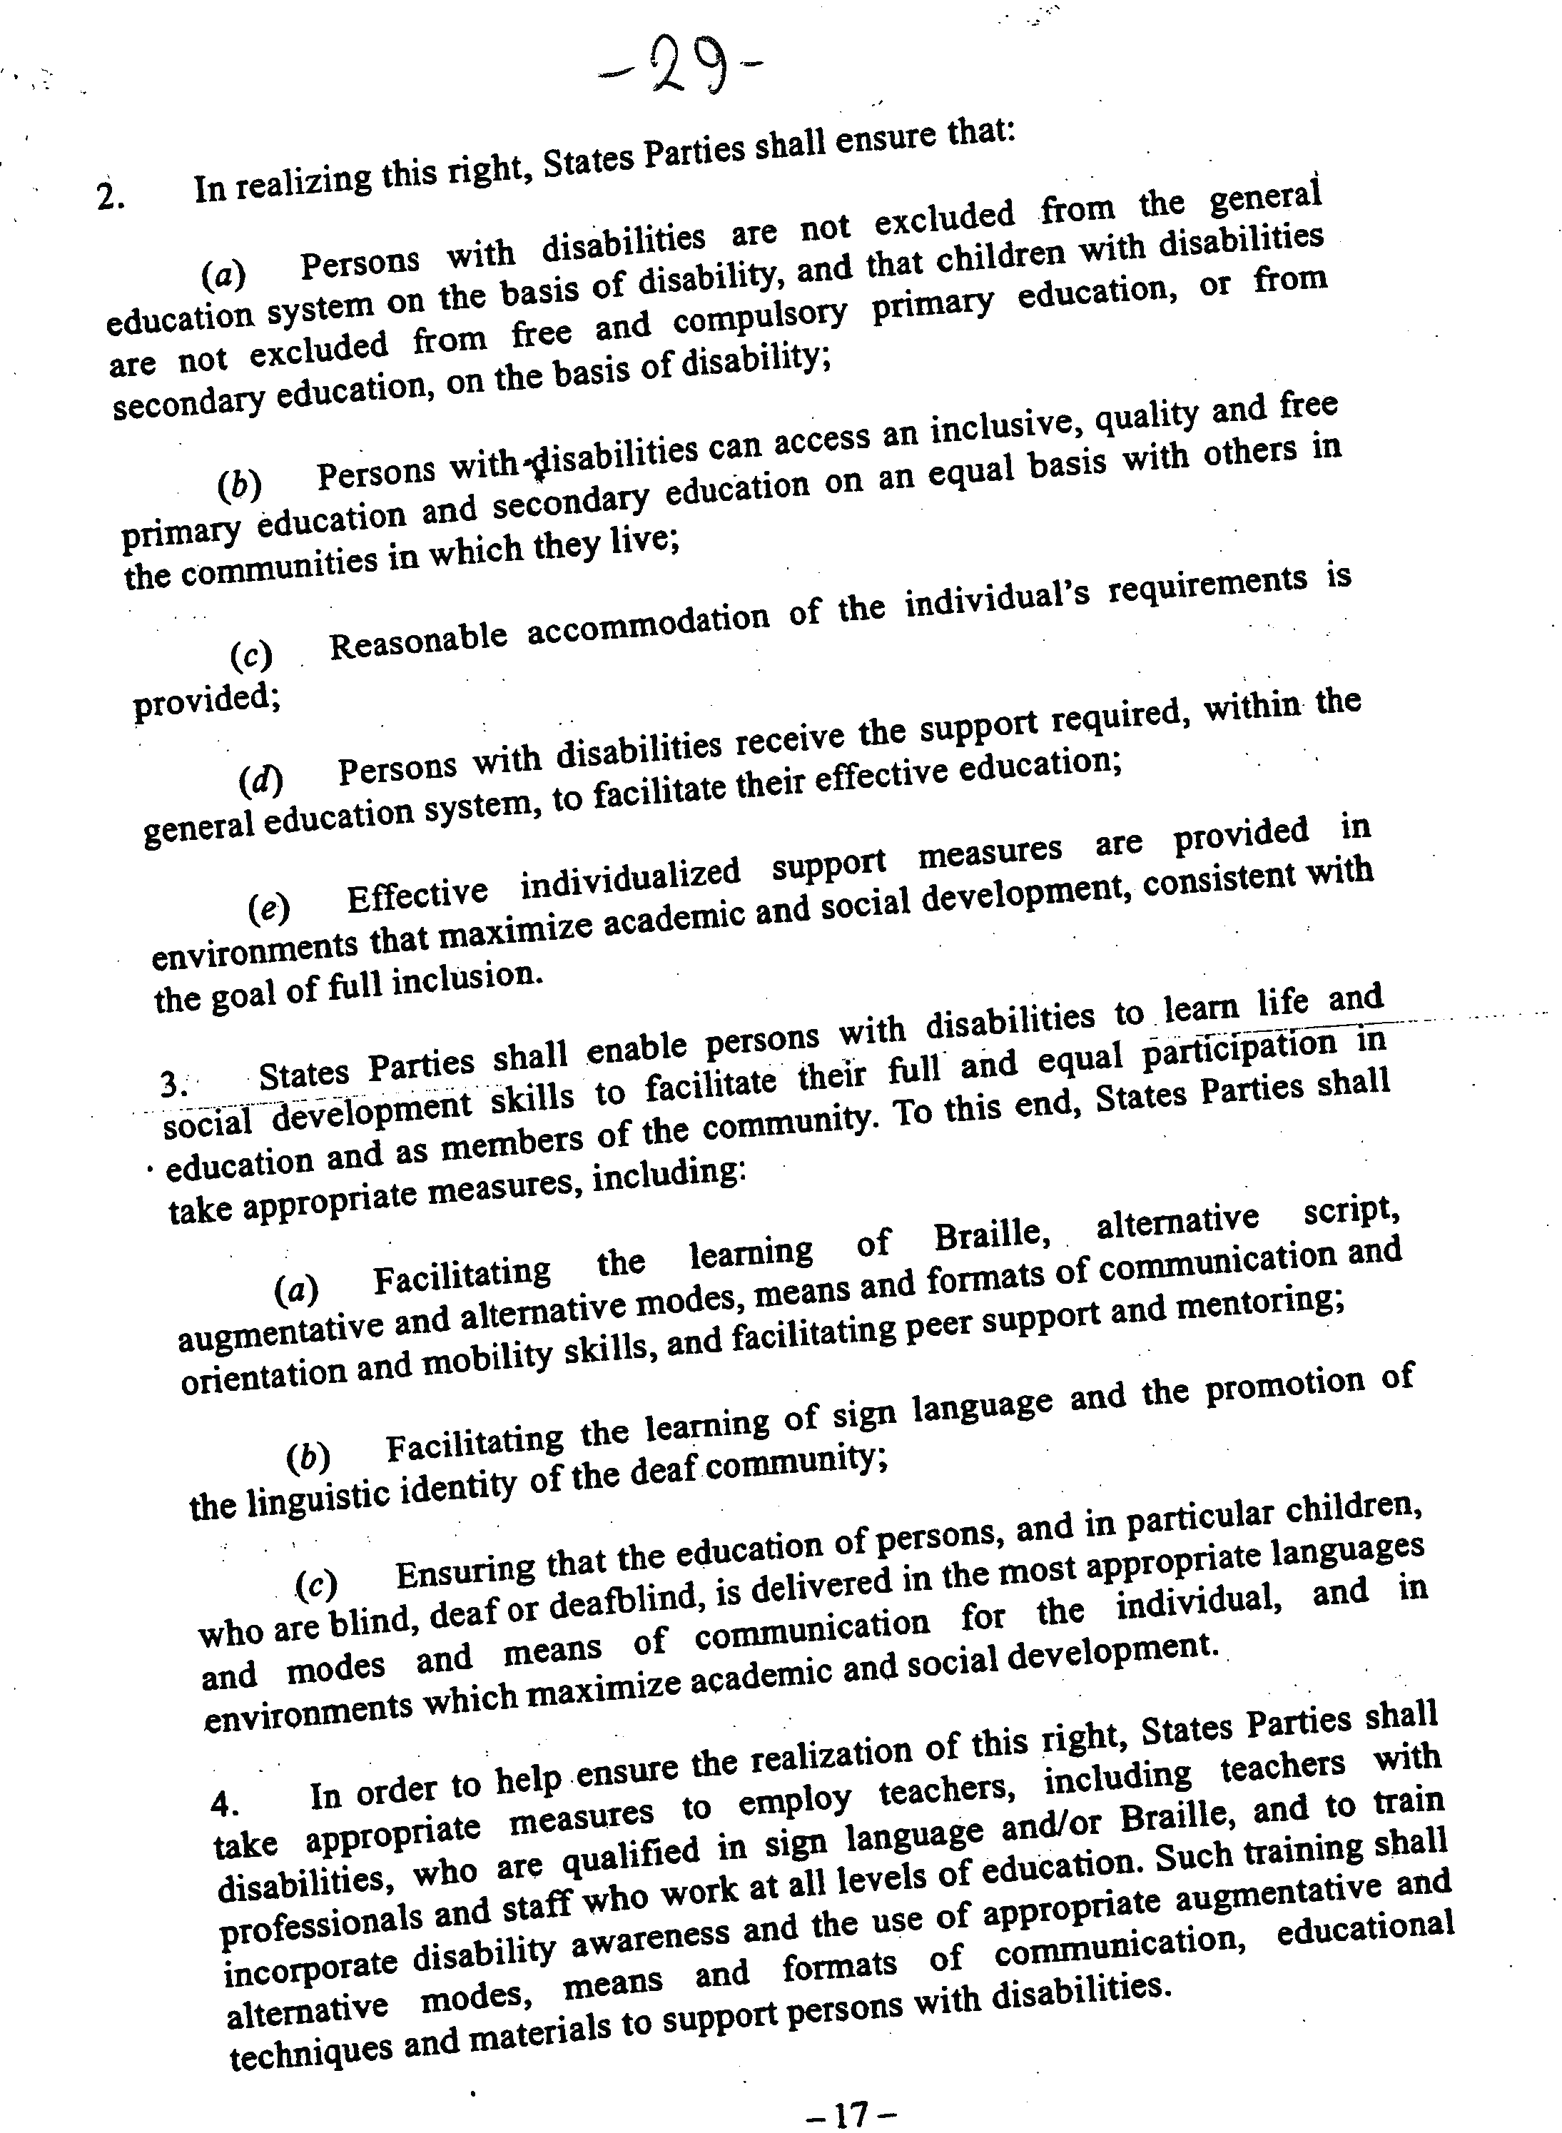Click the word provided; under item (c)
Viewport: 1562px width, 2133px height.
coord(206,699)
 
